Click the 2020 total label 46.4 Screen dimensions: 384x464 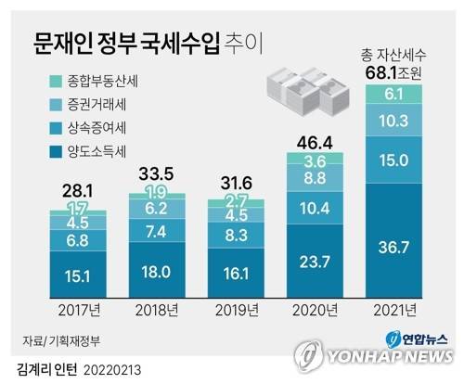pyautogui.click(x=312, y=142)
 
